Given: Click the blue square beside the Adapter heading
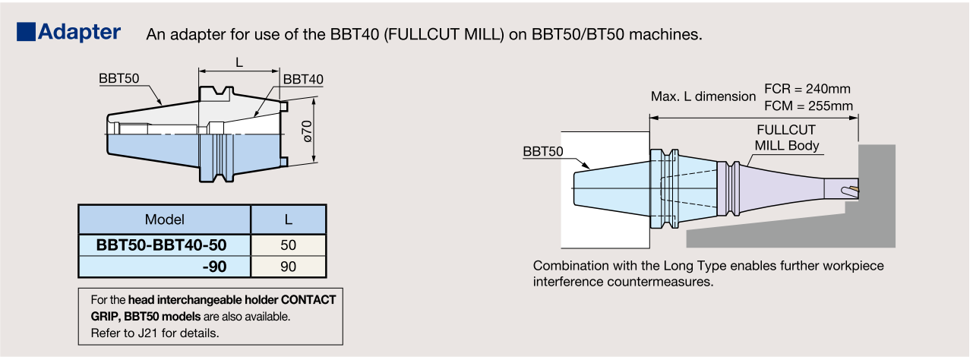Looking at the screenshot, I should tap(25, 32).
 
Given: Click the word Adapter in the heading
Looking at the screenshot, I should tap(80, 32).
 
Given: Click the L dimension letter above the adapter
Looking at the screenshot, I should tap(239, 63).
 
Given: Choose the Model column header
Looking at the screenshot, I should tap(165, 219).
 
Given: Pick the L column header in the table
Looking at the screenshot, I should tap(289, 219).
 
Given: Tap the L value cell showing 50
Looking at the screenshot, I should tap(289, 245).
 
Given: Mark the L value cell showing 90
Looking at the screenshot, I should tap(289, 267).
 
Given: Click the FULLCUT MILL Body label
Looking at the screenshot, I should tap(786, 137).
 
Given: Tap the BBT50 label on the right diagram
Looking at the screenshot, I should tap(543, 151).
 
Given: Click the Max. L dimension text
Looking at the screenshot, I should tap(703, 96).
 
